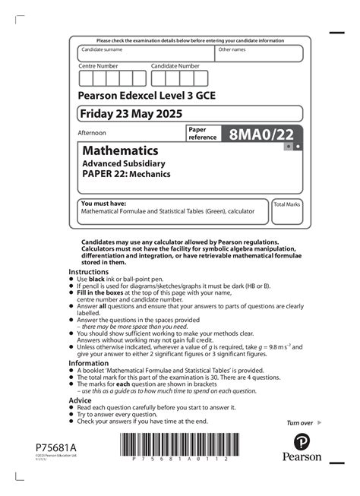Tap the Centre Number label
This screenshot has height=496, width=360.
(98, 66)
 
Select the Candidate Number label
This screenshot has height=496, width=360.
(175, 66)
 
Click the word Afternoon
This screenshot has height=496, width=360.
(93, 133)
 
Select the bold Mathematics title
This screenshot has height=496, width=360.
(120, 150)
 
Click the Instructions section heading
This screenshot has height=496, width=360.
(89, 271)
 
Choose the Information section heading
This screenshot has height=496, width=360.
(90, 362)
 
